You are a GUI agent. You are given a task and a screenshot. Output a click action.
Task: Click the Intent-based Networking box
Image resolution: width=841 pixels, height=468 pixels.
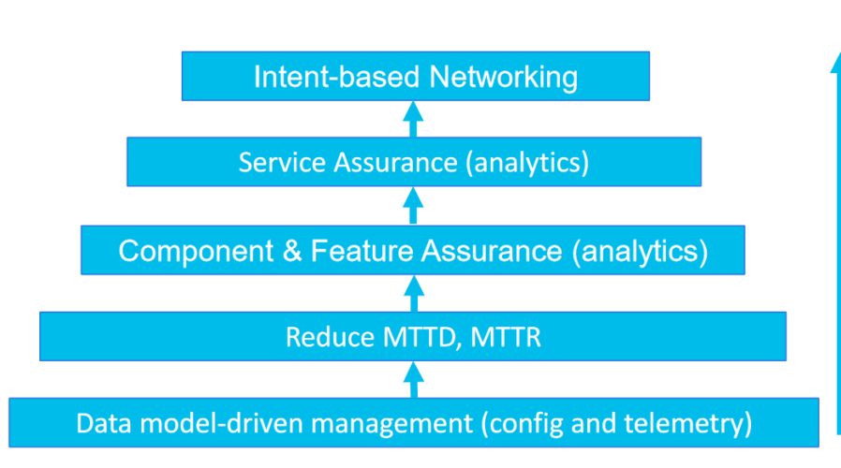(x=415, y=76)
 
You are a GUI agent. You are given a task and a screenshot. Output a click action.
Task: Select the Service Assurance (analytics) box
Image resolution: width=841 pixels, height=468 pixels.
(x=413, y=162)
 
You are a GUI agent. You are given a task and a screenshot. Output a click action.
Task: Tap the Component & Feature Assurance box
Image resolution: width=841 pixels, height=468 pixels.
(x=413, y=250)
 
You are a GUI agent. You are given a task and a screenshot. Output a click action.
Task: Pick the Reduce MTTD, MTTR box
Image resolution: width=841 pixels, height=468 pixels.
(x=413, y=336)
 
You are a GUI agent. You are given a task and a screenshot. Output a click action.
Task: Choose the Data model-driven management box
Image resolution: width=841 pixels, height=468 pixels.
(x=413, y=423)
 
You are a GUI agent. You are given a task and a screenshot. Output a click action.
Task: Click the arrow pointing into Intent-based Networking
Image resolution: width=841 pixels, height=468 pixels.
(x=414, y=119)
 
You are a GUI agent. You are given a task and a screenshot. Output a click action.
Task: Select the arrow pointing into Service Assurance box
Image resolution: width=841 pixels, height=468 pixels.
(x=414, y=205)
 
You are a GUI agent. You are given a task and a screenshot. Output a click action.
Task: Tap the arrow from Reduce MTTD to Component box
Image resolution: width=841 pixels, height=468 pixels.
(x=414, y=293)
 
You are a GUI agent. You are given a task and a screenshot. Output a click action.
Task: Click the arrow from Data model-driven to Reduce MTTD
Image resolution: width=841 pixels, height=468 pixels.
(x=414, y=379)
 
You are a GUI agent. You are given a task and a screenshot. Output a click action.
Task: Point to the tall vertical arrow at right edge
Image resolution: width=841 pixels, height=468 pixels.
(x=834, y=243)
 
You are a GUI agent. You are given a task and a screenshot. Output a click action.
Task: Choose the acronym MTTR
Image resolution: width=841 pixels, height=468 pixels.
(x=507, y=337)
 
